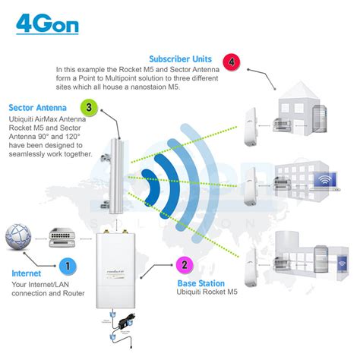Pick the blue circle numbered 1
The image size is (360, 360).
[68, 266]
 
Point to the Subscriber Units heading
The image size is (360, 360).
[181, 58]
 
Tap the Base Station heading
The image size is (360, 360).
[203, 281]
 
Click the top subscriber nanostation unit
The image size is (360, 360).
[251, 122]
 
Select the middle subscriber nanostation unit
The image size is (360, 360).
[251, 187]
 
